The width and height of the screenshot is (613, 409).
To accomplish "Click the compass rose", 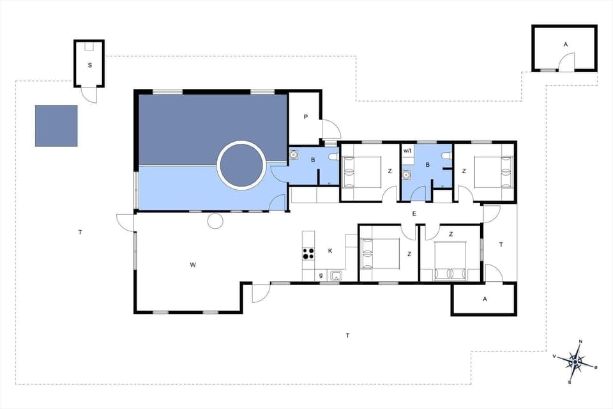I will point(575,362).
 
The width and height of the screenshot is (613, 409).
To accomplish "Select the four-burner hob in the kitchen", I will point(308,252).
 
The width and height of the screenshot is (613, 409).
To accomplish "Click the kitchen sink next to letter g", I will point(337,276).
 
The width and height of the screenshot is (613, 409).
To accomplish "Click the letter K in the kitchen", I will point(330,251).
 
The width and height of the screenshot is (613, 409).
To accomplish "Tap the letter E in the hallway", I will point(414,213).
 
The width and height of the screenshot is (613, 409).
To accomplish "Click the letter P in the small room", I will point(306,117).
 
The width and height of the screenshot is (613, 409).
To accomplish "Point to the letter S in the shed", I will point(89,65).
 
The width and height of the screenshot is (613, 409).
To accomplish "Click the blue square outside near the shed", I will point(56,126).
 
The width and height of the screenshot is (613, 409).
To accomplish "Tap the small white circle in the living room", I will point(215,221).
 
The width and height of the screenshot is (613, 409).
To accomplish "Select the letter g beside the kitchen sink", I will point(321,275).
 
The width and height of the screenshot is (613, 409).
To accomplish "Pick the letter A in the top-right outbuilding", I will point(565,45).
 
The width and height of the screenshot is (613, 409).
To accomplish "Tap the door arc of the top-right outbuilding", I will point(566,62).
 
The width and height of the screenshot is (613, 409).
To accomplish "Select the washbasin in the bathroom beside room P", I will point(295,154).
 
